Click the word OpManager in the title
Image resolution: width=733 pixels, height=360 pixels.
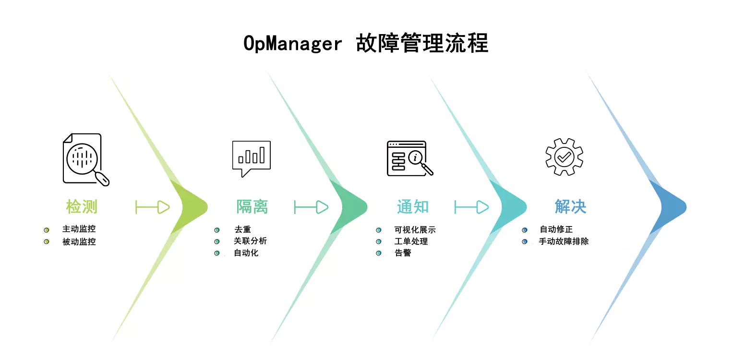click(292, 44)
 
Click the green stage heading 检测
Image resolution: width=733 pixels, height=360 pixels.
click(82, 207)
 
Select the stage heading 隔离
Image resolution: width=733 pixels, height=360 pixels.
click(252, 207)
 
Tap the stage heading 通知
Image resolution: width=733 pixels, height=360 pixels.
click(413, 207)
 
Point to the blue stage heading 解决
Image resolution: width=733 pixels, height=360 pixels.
click(570, 207)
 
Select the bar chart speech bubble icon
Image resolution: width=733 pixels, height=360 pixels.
click(251, 158)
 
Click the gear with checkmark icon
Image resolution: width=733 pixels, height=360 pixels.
click(564, 156)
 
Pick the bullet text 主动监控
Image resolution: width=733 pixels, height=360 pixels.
click(79, 229)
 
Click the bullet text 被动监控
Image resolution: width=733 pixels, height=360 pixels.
click(79, 241)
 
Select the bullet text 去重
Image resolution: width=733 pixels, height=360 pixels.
click(242, 230)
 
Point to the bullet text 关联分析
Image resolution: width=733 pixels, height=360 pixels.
click(250, 241)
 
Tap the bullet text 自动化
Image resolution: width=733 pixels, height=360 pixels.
click(246, 252)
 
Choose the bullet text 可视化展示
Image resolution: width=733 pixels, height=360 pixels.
click(415, 230)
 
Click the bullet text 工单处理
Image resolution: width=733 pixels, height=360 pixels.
click(411, 241)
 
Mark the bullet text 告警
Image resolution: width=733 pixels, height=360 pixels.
click(403, 253)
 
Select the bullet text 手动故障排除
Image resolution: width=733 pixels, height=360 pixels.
click(564, 241)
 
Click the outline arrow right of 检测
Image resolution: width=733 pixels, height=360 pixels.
click(153, 207)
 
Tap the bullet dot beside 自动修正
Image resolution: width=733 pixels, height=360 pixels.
click(525, 230)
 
